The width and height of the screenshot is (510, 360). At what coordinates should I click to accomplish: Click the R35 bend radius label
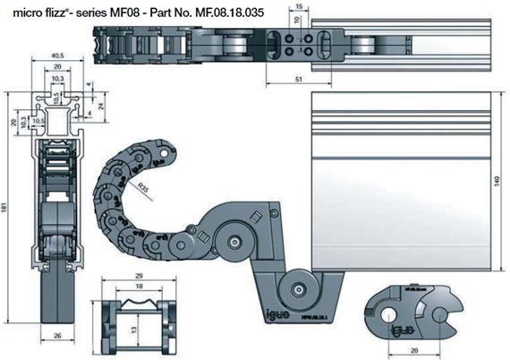coord(143,187)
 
